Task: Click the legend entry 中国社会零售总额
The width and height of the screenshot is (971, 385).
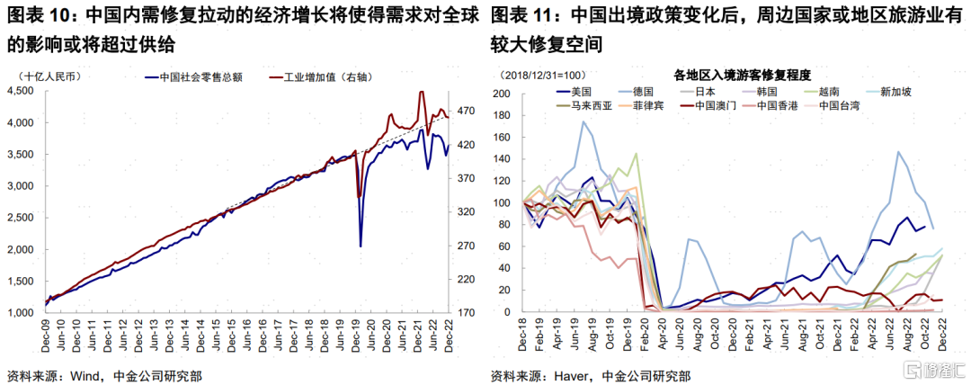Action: (194, 78)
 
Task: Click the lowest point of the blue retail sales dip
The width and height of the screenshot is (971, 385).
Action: (361, 246)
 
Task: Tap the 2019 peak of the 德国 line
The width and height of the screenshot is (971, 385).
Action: (583, 122)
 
